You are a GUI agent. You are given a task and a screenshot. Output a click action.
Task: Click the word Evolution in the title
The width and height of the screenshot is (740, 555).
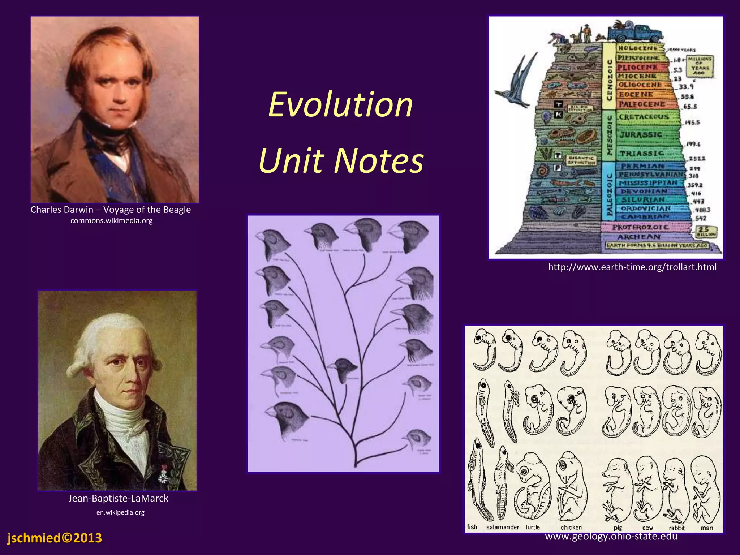pos(340,104)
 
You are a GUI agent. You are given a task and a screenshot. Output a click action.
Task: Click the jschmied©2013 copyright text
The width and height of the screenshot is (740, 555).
pos(55,538)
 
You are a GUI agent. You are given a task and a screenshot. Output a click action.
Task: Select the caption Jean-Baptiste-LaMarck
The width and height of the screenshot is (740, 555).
pos(118,498)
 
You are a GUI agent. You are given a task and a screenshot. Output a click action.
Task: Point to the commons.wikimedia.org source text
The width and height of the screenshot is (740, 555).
pos(111,220)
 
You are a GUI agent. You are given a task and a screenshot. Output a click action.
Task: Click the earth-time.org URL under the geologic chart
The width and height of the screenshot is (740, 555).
pos(632,267)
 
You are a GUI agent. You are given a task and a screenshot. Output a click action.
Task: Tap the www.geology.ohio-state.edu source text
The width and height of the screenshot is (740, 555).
pos(611,536)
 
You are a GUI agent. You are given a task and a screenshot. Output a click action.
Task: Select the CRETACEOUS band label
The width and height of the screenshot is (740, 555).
pos(644,117)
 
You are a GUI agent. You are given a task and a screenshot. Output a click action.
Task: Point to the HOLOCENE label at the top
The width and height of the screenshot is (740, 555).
pos(638,48)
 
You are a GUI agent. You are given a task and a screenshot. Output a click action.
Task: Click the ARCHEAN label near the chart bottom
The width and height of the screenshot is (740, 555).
pos(639,237)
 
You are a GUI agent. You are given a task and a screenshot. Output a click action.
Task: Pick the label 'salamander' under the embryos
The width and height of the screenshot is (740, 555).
pos(502,527)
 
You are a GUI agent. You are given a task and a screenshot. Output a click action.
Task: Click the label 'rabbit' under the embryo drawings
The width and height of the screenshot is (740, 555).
pos(677,528)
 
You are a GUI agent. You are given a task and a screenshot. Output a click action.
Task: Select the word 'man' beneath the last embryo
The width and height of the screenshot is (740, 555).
pos(707,528)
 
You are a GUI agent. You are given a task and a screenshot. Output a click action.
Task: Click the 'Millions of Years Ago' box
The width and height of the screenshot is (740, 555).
pos(700,66)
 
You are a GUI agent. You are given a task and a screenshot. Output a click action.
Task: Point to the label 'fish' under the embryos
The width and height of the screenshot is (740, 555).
pos(472,527)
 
